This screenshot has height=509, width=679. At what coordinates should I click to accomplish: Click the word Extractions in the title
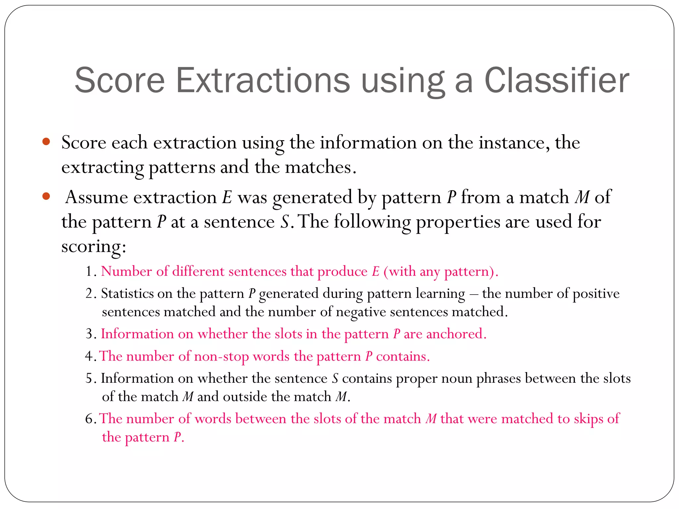click(x=263, y=81)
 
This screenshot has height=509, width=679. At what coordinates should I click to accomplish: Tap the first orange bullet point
click(x=46, y=142)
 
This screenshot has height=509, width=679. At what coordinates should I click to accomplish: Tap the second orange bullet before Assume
click(x=46, y=197)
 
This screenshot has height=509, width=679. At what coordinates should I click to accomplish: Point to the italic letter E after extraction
click(x=227, y=198)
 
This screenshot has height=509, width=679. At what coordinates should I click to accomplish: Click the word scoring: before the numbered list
click(x=94, y=247)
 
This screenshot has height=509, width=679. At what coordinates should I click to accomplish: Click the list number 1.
click(x=90, y=271)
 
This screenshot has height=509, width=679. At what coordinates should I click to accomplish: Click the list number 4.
click(x=90, y=357)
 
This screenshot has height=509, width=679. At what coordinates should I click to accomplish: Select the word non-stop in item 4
click(x=221, y=357)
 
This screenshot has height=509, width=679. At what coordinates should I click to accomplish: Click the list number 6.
click(x=90, y=419)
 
